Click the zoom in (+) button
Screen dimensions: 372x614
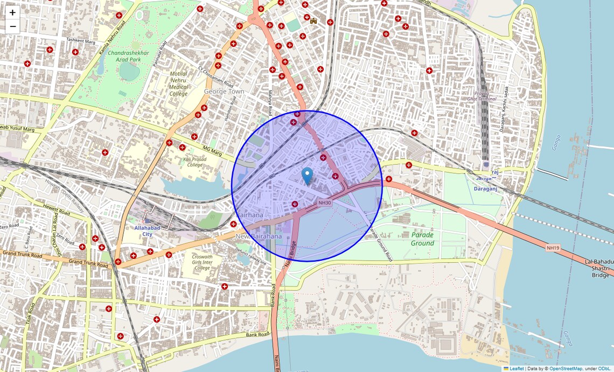pyautogui.click(x=12, y=12)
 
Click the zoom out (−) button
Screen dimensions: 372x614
pyautogui.click(x=12, y=26)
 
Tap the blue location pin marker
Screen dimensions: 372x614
pyautogui.click(x=307, y=176)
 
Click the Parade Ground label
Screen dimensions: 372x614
pyautogui.click(x=422, y=239)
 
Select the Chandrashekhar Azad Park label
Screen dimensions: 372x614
pyautogui.click(x=131, y=56)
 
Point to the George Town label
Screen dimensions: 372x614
pyautogui.click(x=224, y=92)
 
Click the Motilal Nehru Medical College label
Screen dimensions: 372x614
pyautogui.click(x=178, y=83)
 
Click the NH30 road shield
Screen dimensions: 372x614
pyautogui.click(x=324, y=202)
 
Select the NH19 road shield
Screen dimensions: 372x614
pyautogui.click(x=553, y=248)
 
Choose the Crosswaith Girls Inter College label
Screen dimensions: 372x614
pyautogui.click(x=202, y=262)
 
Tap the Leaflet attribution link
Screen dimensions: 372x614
pyautogui.click(x=516, y=369)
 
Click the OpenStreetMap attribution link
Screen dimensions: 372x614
pyautogui.click(x=566, y=369)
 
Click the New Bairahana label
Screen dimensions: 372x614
pyautogui.click(x=259, y=236)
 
